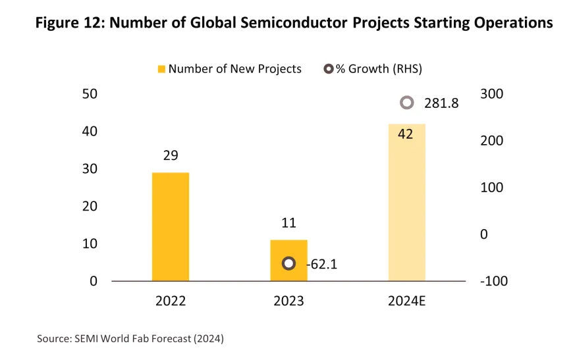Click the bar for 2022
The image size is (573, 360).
point(171,226)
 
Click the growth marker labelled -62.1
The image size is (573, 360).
point(288,263)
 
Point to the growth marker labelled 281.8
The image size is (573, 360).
point(407,103)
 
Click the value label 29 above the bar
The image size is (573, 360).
point(171,156)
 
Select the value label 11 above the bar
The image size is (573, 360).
point(288,223)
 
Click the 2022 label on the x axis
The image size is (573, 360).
point(171,301)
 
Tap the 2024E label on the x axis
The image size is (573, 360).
point(406,301)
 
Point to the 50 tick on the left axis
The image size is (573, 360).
point(89,94)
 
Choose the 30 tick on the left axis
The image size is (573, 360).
point(89,169)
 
